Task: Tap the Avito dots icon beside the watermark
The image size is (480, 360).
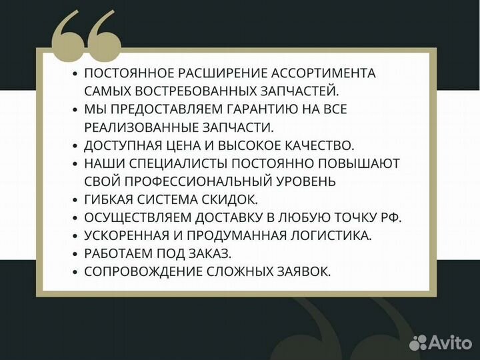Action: [418, 342]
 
